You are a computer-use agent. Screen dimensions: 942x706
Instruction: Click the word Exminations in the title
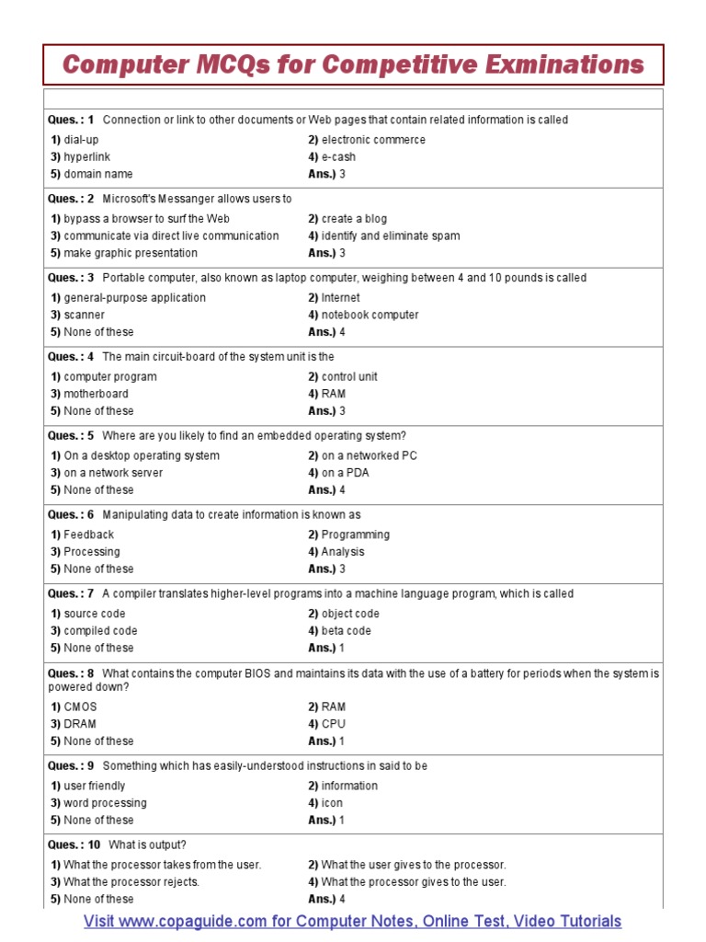click(566, 64)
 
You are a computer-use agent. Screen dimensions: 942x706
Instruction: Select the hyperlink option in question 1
click(86, 157)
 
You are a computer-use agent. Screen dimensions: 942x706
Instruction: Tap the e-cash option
click(338, 157)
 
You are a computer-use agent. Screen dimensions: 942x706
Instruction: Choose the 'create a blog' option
click(354, 219)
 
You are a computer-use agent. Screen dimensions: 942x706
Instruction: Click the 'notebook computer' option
click(370, 315)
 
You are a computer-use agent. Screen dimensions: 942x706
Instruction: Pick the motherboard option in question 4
click(96, 394)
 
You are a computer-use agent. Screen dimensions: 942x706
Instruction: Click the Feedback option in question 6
click(88, 534)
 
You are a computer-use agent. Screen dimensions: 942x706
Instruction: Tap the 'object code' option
click(350, 614)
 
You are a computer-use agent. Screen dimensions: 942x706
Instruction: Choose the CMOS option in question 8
click(80, 706)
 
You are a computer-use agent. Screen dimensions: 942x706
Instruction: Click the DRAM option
click(80, 724)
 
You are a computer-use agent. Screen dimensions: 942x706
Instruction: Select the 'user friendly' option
click(95, 786)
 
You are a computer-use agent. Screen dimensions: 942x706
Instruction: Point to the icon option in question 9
click(332, 803)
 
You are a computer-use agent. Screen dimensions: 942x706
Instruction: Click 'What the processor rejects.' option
click(131, 881)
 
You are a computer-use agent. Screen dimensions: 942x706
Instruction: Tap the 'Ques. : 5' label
click(71, 436)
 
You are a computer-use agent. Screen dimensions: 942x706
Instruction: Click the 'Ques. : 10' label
click(74, 844)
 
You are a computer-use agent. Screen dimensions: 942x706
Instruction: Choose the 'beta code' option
click(346, 631)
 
